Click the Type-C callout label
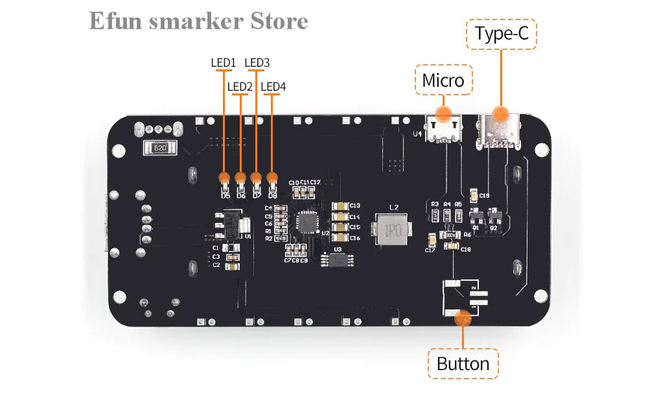click(502, 34)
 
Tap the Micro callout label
click(443, 80)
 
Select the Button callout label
click(463, 364)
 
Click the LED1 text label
click(222, 63)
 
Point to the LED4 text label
click(273, 86)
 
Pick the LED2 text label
click(240, 86)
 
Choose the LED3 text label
click(257, 63)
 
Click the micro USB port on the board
click(443, 126)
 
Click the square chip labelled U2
click(306, 222)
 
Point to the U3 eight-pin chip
click(338, 259)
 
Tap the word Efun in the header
click(114, 21)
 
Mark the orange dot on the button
click(463, 318)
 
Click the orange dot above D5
click(224, 177)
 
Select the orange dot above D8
click(272, 177)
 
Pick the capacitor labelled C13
click(339, 206)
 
